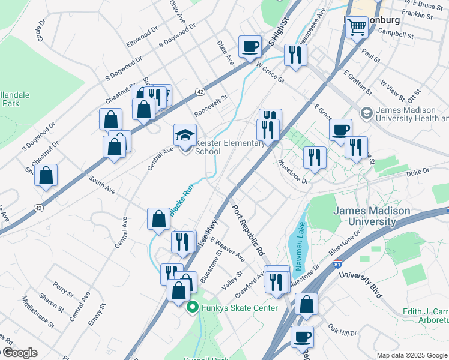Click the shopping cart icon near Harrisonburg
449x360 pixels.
pos(357,26)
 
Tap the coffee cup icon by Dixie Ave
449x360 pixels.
pos(250,46)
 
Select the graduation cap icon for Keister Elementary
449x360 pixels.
pos(185,135)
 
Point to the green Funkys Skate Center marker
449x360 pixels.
pos(193,308)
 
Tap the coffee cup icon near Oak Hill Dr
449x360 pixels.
pos(302,337)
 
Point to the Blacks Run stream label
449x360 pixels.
pos(181,201)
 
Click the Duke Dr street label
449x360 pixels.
pos(418,172)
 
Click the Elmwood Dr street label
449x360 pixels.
pos(142,37)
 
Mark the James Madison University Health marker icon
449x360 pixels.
pos(366,113)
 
